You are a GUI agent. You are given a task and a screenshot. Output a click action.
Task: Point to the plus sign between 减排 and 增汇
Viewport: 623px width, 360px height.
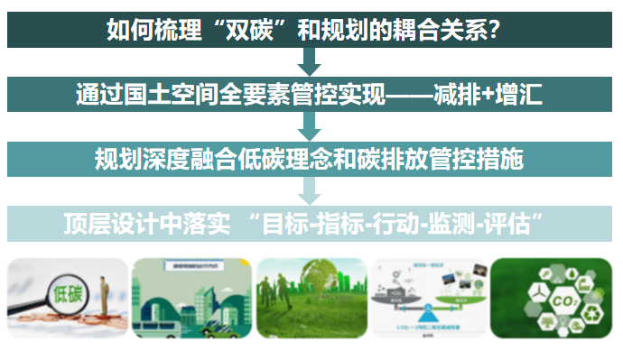487,94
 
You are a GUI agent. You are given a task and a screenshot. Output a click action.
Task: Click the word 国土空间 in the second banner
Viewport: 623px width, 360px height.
157,94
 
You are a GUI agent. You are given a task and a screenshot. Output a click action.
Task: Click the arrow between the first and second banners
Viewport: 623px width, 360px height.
310,61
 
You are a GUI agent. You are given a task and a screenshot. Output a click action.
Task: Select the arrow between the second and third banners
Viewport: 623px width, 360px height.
310,126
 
